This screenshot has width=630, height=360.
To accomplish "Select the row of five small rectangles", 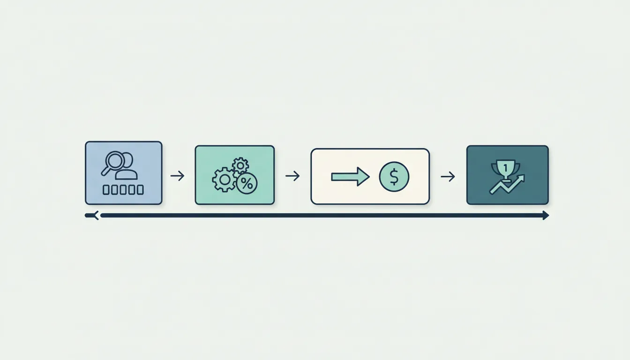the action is coord(123,190).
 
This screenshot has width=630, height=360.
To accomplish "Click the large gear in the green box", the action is coord(224,180).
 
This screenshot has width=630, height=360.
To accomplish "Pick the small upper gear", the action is coord(240,165).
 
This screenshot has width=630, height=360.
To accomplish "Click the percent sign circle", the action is coord(247,183).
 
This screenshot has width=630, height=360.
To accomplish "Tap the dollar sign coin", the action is coord(394,177).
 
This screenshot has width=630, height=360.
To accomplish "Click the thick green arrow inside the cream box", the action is coord(350,177).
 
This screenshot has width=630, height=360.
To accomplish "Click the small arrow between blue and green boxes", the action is coord(177,176).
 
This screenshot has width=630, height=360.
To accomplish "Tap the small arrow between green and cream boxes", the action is coord(292,176).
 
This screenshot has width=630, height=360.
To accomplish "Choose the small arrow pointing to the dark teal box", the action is coord(448,177).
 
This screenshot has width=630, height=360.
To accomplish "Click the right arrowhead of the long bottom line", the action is coord(546,216).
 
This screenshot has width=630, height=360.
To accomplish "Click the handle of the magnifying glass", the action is coord(105,171).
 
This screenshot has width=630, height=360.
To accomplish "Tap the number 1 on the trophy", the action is coord(506,168).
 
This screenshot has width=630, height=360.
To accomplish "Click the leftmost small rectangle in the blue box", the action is coord(106,190).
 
